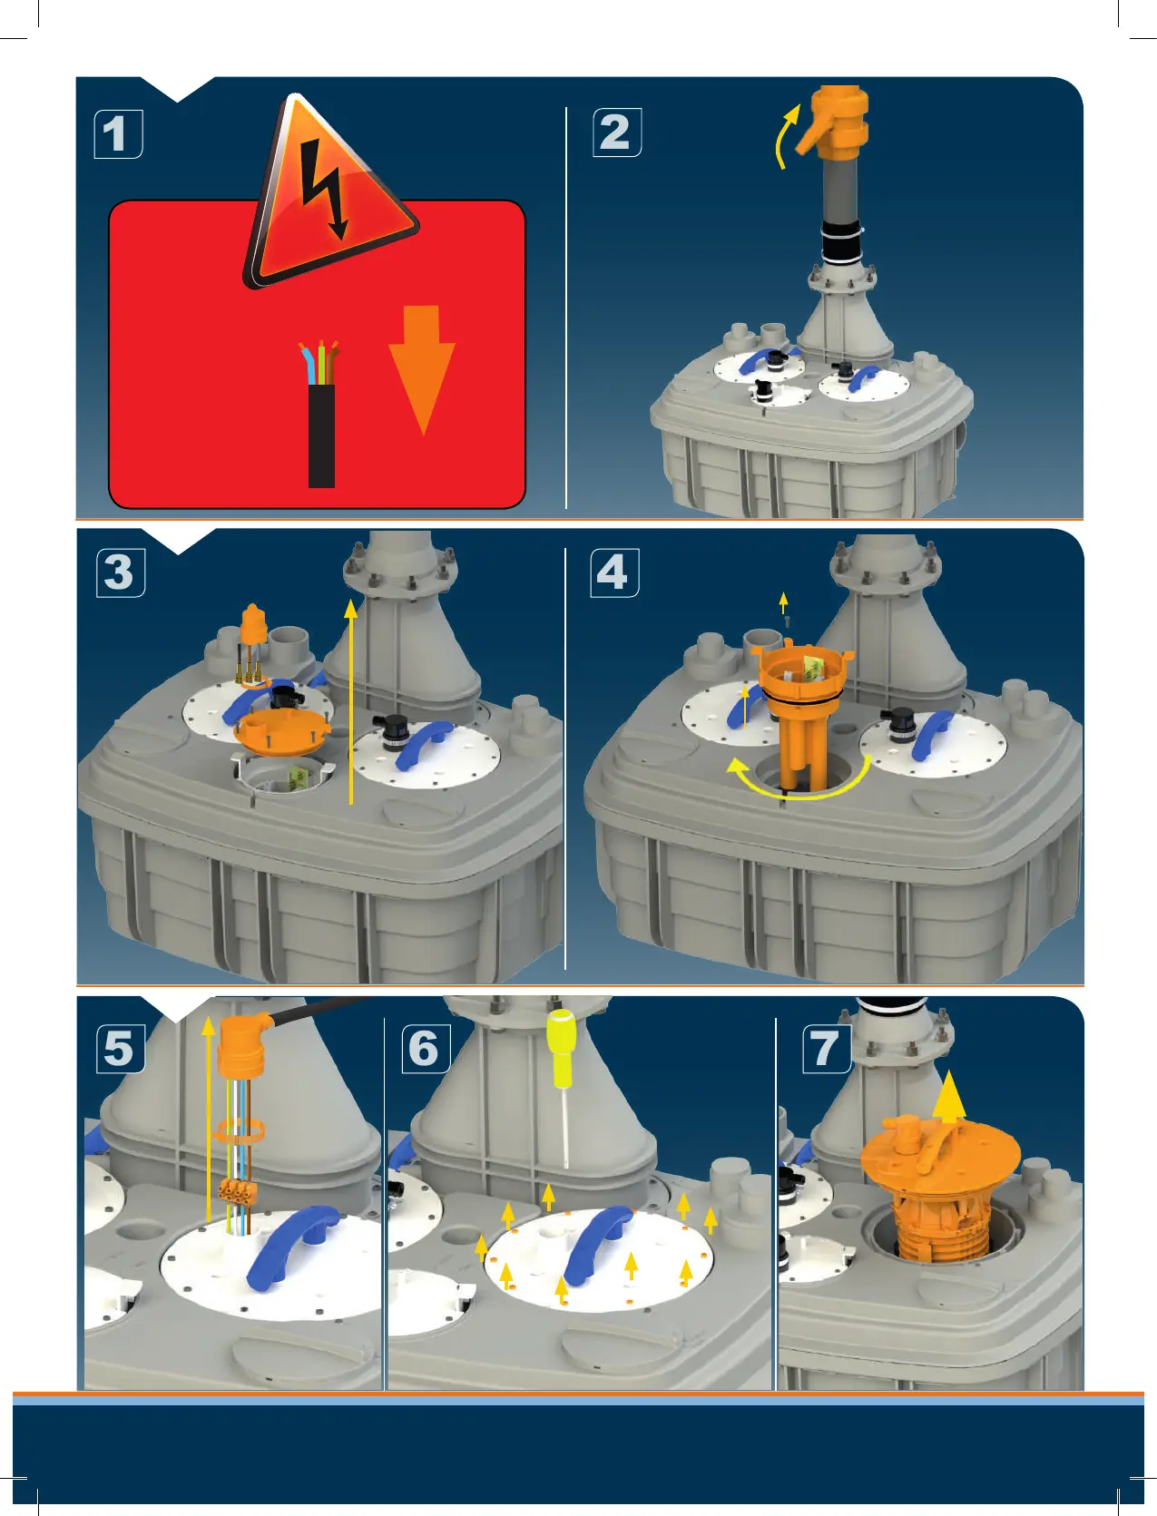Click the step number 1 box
[x=118, y=134]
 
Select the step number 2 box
[x=617, y=132]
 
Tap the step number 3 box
[x=120, y=572]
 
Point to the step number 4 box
[x=614, y=572]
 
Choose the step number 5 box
[x=120, y=1049]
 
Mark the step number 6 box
[x=426, y=1049]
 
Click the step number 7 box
[x=827, y=1049]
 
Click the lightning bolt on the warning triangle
[x=326, y=188]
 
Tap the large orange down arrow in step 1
[x=421, y=370]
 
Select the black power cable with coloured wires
[x=320, y=415]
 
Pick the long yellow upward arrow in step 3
[x=351, y=701]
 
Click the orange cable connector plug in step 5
[x=242, y=1043]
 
